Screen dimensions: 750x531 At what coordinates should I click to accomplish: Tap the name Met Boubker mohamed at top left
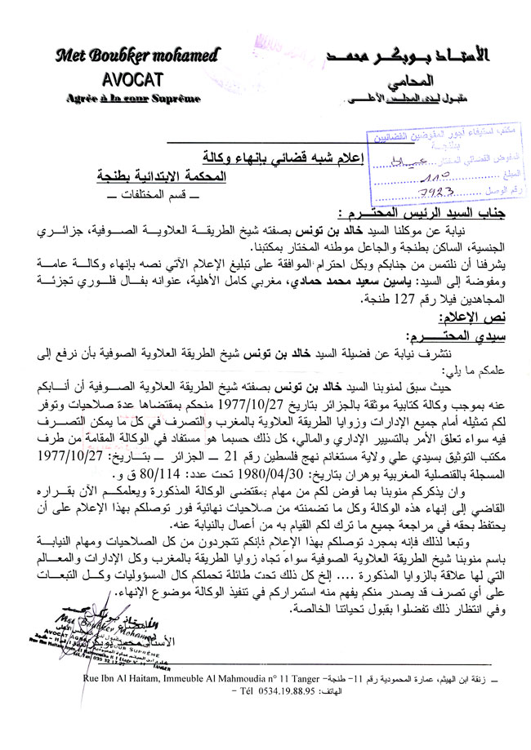(136, 56)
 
